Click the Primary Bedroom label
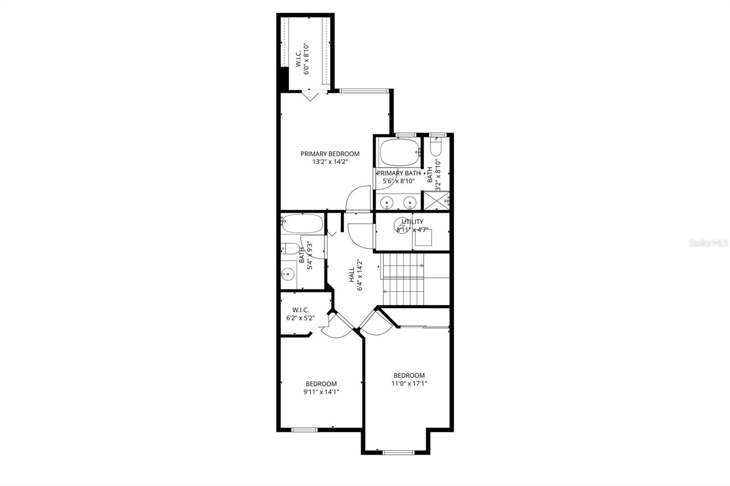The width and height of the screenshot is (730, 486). coord(329,154)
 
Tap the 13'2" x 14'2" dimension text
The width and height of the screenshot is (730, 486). coord(329,161)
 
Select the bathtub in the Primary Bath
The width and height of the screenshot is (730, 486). coord(399,152)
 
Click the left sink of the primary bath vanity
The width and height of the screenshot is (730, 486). coord(387,202)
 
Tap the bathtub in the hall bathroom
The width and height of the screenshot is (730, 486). coord(302,223)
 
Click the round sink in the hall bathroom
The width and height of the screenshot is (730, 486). coord(287,274)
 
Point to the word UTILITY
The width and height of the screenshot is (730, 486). coord(412,222)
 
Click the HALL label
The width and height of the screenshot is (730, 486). coord(352,275)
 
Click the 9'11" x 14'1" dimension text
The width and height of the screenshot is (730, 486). coord(321,392)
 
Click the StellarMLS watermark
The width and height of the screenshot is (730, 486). coord(709,243)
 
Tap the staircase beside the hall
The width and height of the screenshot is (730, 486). coord(403,279)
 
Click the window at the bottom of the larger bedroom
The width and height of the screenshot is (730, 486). coord(398,452)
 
